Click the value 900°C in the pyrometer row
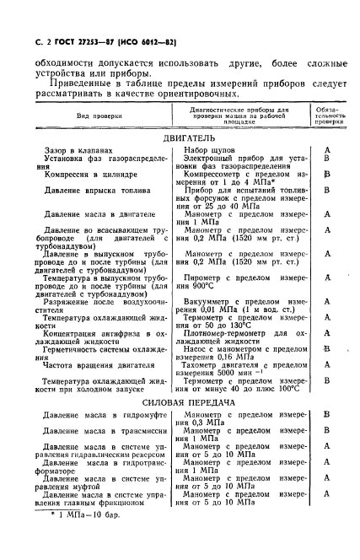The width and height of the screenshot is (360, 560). click(x=203, y=286)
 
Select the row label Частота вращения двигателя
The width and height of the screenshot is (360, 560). click(x=98, y=366)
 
